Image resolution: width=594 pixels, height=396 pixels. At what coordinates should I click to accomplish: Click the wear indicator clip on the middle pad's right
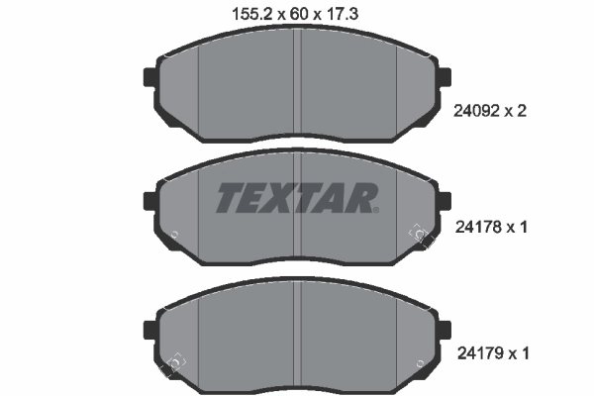(x=419, y=234)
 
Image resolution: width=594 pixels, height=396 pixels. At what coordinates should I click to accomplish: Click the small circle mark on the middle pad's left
(x=175, y=235)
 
